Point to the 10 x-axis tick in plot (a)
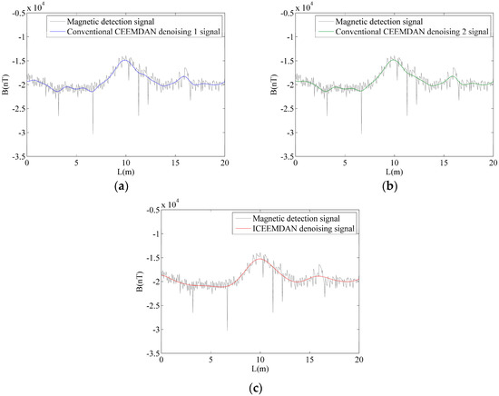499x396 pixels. click(126, 163)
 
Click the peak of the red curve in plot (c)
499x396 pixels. click(261, 259)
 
